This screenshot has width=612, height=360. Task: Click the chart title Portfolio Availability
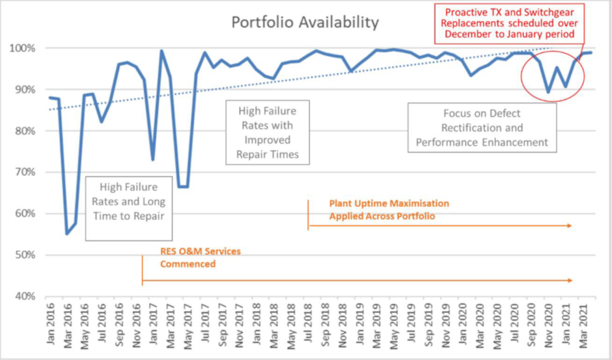pos(305,23)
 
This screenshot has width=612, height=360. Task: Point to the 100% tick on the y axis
pos(26,48)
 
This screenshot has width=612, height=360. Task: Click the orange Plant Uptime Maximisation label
pos(389,209)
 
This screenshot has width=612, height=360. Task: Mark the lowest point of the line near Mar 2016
pos(67,234)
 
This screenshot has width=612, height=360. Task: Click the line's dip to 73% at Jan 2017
pos(152,159)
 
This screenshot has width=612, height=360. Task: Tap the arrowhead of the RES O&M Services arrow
pos(570,281)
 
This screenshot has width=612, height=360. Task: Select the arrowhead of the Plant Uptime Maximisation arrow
pos(570,226)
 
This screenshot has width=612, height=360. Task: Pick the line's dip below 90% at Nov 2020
pos(548,92)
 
